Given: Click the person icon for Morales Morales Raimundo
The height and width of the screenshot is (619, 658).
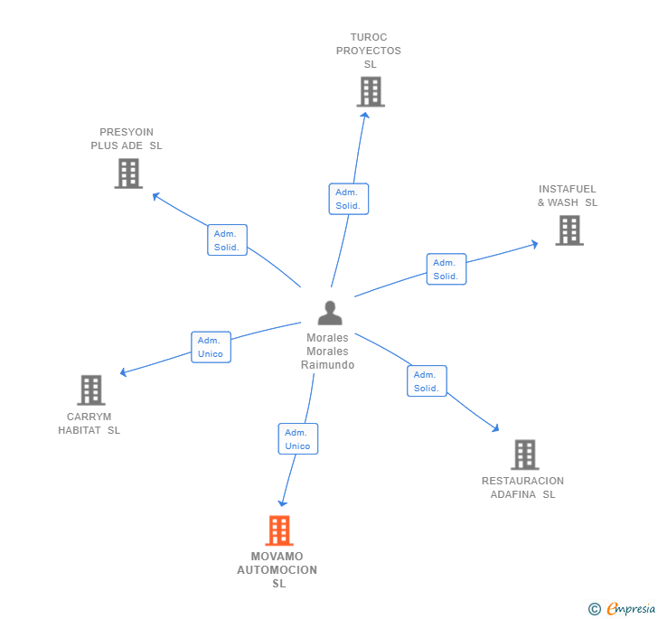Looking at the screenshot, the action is pos(330,313).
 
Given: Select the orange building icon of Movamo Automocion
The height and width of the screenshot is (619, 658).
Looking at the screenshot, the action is pos(279,530).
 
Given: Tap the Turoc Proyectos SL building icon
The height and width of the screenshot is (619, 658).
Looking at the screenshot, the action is pos(371,91).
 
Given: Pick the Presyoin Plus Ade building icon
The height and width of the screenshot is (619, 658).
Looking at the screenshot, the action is pos(129,173).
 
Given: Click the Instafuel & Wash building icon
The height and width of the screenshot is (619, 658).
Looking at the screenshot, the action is pos(569,230).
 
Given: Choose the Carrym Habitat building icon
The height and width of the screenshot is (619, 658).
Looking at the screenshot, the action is pos(90,389).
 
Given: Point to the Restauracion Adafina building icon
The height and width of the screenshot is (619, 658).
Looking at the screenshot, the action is pos(524,455).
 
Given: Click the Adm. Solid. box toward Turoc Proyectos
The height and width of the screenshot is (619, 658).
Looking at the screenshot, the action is pos(348,199).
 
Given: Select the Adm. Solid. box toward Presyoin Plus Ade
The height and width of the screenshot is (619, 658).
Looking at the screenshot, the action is pos(227,240).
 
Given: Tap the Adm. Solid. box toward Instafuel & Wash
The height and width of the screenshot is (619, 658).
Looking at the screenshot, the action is pos(446,269).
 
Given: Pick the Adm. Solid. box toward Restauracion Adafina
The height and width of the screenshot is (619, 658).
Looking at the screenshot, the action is pos(427,381).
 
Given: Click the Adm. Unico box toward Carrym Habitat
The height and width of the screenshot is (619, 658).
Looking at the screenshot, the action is pos(211,347).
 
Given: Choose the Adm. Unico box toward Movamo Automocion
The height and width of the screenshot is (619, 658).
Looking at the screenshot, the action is pos(297,439).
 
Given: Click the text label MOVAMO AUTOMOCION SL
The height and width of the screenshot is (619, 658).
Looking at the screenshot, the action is pos(277,570).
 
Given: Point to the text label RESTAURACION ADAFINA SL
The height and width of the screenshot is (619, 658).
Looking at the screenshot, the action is pos(522,488).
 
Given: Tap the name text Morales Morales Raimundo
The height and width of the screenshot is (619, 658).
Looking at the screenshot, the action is pos(327,352).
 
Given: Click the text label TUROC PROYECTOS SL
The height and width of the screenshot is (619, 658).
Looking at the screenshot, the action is pos(369,51).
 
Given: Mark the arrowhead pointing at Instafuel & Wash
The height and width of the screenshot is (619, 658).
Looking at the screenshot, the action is pos(534,243).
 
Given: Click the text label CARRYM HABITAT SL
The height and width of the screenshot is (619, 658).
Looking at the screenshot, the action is pos(89,424).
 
